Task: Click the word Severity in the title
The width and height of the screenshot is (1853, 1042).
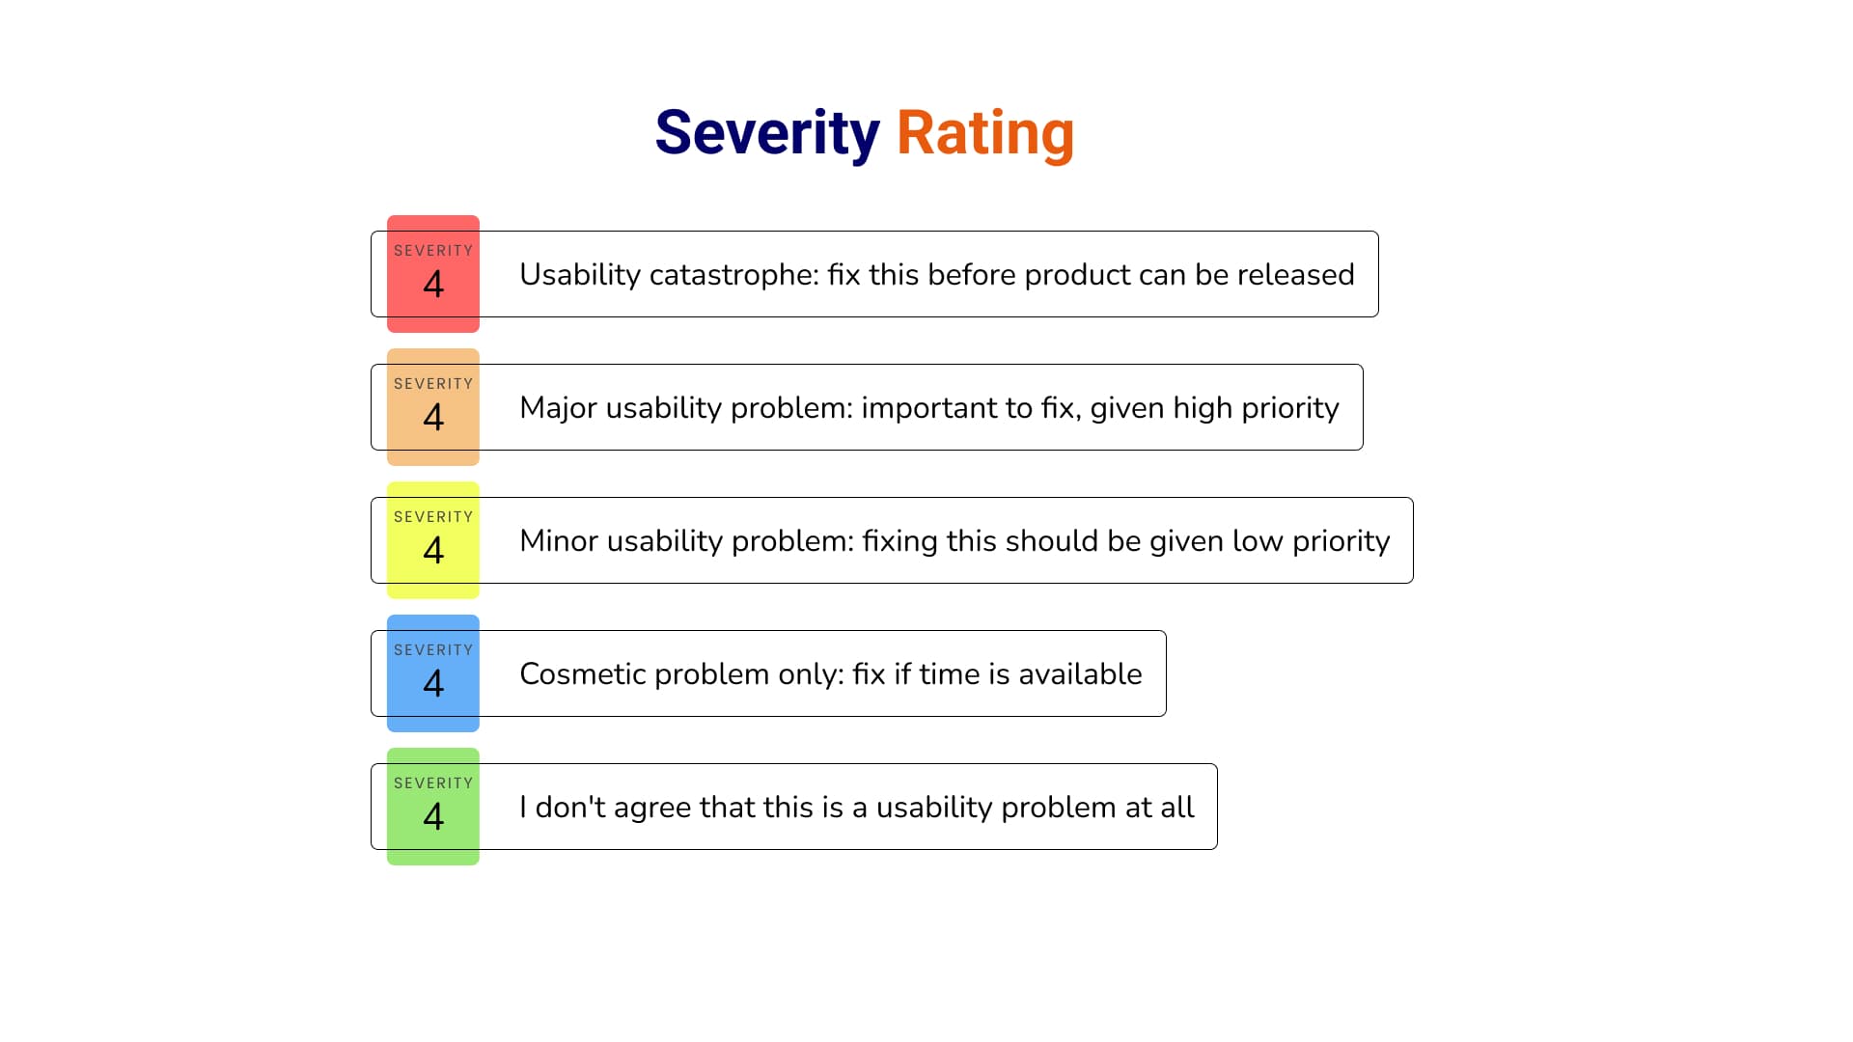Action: click(x=766, y=133)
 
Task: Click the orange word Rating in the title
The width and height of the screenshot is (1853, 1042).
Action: click(x=984, y=133)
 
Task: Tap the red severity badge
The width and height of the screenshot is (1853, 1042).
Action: click(x=433, y=274)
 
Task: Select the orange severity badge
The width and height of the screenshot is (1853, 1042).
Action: click(x=433, y=407)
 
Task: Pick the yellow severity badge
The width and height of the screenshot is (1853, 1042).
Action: click(x=433, y=540)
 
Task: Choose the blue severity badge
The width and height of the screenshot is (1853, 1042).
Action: click(x=433, y=673)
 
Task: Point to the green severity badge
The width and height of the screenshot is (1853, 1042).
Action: click(x=433, y=807)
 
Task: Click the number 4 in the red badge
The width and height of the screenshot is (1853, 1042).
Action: click(x=433, y=285)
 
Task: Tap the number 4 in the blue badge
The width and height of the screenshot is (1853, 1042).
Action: click(x=433, y=684)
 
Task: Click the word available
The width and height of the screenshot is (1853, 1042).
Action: click(x=1080, y=674)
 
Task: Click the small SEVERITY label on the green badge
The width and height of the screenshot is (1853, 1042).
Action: click(x=433, y=783)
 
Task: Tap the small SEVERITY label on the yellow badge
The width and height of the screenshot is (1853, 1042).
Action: click(x=433, y=517)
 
